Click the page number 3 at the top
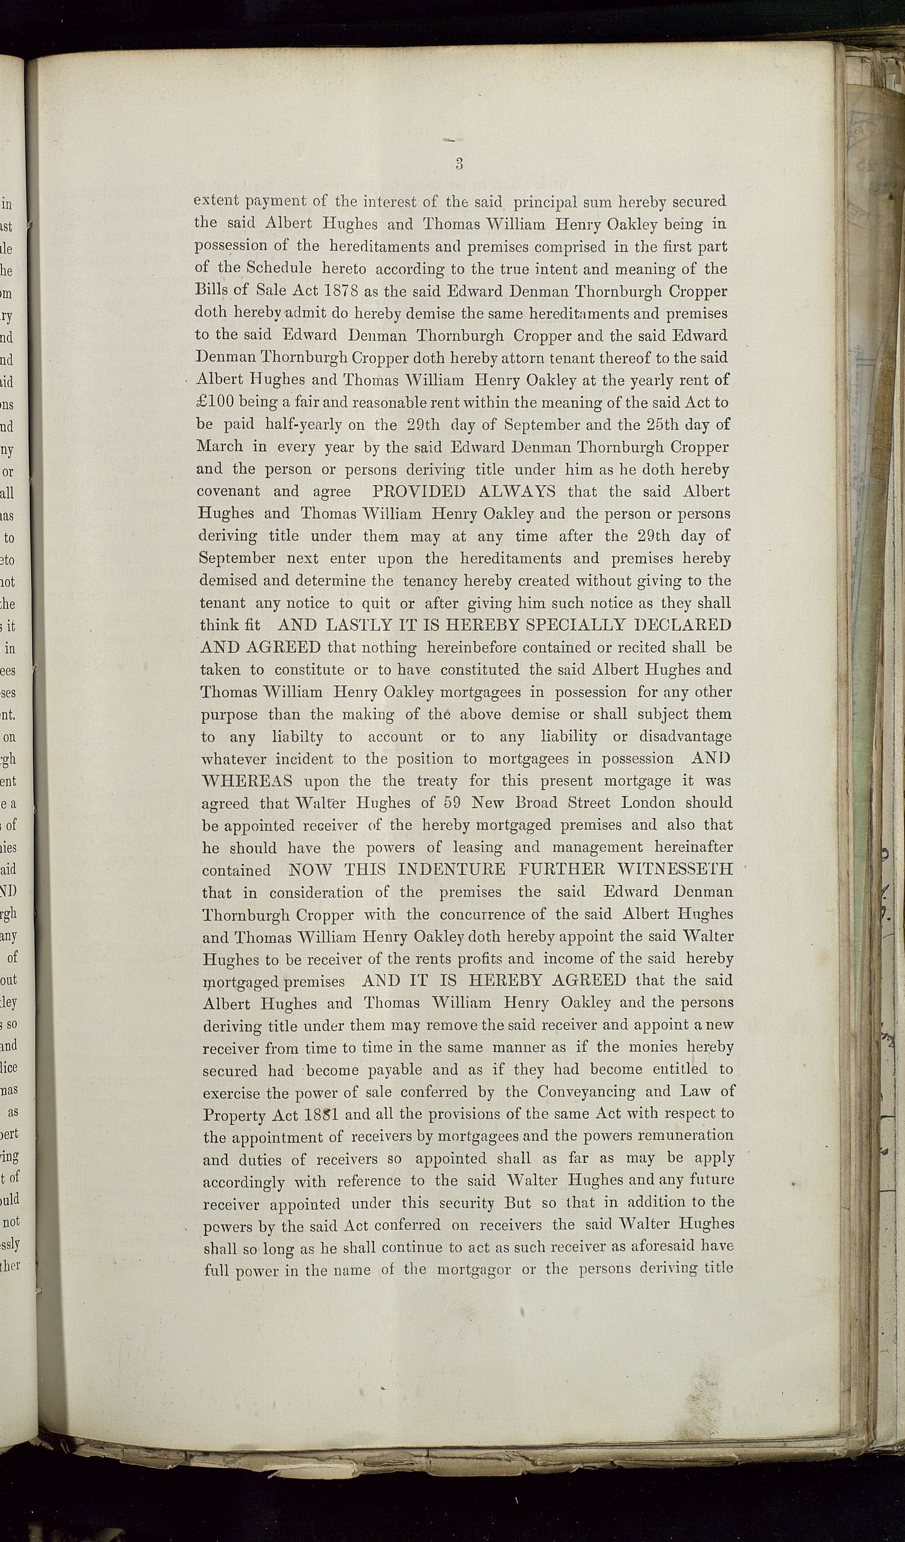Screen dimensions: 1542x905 (459, 163)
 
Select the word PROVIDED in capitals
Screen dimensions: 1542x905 (419, 492)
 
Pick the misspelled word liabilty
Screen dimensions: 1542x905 (298, 737)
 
